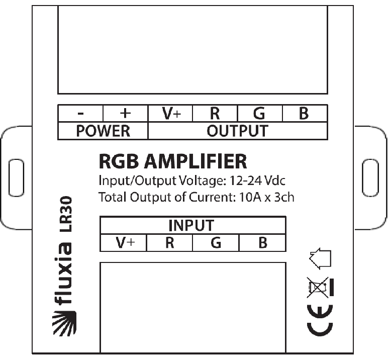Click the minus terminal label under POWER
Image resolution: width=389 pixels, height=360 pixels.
80,114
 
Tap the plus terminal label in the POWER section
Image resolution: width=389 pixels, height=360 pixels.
125,113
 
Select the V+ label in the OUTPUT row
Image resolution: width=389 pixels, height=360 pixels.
172,114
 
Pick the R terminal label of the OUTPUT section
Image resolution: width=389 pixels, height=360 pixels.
215,114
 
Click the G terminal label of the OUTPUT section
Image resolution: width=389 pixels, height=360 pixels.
259,114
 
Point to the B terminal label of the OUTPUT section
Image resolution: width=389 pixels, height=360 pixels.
304,114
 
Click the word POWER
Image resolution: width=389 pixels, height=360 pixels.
103,131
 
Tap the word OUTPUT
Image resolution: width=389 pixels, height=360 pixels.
237,131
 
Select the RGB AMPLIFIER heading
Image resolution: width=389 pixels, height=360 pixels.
173,161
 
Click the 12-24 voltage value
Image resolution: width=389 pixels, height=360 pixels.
246,181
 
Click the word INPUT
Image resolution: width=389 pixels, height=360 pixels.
191,225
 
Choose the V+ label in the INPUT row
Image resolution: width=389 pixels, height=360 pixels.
125,243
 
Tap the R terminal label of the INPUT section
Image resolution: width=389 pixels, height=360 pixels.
170,243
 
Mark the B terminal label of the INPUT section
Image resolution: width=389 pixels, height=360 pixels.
263,243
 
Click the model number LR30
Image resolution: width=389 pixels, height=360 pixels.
66,214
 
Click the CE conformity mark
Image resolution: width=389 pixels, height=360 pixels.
320,321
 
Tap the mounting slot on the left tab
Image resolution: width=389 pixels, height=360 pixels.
17,178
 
